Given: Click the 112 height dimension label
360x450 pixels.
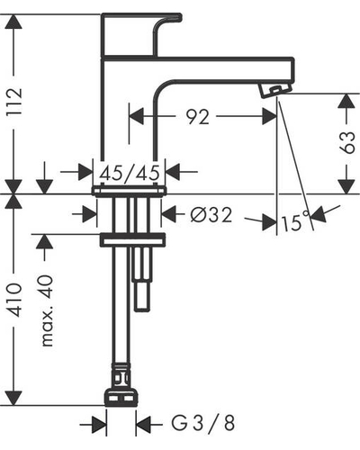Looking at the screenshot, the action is pyautogui.click(x=15, y=102).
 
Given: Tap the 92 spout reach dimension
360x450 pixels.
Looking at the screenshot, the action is pyautogui.click(x=197, y=117).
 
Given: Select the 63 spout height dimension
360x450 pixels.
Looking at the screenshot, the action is pyautogui.click(x=347, y=142).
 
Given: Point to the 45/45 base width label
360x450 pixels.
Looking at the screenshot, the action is pyautogui.click(x=130, y=174).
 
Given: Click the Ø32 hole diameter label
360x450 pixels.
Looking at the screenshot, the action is pyautogui.click(x=211, y=215).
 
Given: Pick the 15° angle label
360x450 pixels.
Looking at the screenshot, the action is pyautogui.click(x=295, y=221).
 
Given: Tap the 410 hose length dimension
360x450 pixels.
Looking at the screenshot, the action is pyautogui.click(x=15, y=300).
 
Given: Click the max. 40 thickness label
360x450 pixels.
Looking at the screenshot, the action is pyautogui.click(x=47, y=310).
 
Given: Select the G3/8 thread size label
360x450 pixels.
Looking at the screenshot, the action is pyautogui.click(x=203, y=423).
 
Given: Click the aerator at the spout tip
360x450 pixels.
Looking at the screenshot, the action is pyautogui.click(x=275, y=90).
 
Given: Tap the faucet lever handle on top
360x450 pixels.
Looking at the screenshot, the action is pyautogui.click(x=141, y=34).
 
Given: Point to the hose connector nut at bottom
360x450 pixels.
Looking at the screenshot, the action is pyautogui.click(x=121, y=398).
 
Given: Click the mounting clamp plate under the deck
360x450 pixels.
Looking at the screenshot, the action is pyautogui.click(x=132, y=239).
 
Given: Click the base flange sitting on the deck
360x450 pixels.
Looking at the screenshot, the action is pyautogui.click(x=129, y=191).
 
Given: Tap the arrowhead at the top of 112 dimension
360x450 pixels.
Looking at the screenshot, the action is pyautogui.click(x=13, y=22).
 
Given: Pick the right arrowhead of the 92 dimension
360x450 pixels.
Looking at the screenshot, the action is pyautogui.click(x=269, y=116).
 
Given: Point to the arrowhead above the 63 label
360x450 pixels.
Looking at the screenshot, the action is pyautogui.click(x=347, y=102).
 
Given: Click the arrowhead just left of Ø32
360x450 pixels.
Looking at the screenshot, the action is pyautogui.click(x=168, y=214).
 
